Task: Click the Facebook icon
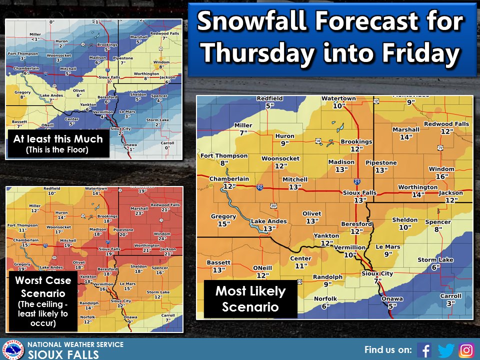424,349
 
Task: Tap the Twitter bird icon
445,349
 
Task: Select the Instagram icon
466,349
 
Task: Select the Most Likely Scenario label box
250,298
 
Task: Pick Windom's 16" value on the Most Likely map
440,176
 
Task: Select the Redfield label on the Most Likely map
269,98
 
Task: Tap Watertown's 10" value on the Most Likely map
338,105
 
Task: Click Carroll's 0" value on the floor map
167,147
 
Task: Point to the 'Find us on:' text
388,349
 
